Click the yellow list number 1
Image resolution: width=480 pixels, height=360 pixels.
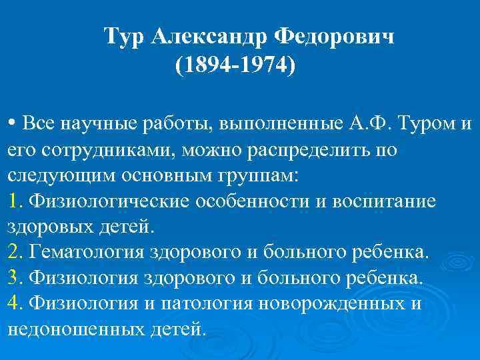click(x=14, y=201)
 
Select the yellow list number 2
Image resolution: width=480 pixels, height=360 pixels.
click(x=14, y=252)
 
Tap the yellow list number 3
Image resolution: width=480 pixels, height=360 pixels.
click(x=14, y=277)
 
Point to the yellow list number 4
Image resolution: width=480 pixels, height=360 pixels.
click(x=14, y=303)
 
